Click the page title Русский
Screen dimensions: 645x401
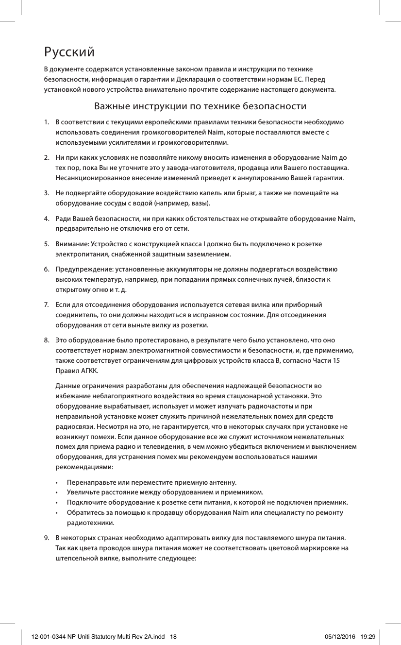click(x=69, y=51)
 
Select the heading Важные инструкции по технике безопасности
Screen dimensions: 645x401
click(x=200, y=106)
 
